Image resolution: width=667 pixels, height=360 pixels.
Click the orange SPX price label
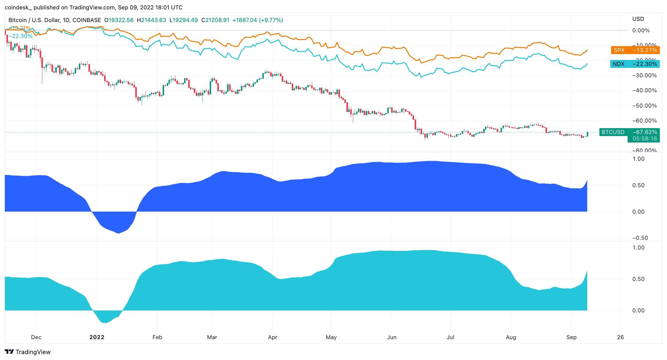click(x=635, y=50)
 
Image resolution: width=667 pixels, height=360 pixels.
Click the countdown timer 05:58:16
click(x=645, y=139)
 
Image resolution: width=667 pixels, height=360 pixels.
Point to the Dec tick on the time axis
click(x=36, y=337)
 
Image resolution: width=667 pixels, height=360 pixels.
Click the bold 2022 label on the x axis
click(x=97, y=337)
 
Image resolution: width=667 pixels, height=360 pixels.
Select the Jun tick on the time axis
click(x=392, y=337)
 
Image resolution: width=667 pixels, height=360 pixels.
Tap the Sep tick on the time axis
click(x=571, y=337)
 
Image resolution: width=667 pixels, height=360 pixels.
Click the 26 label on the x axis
click(x=620, y=337)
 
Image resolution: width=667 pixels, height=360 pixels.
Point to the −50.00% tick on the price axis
click(x=644, y=106)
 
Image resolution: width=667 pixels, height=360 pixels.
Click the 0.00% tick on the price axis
click(x=641, y=30)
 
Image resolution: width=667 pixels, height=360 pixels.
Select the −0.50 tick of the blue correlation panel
click(x=640, y=238)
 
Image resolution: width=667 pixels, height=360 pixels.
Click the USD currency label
click(x=638, y=19)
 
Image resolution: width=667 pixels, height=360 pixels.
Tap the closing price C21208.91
click(x=215, y=20)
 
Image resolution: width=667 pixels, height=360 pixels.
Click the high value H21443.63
click(x=151, y=20)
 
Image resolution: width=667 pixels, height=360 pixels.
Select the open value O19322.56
click(x=119, y=20)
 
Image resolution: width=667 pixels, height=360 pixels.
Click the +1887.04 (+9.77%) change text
click(x=258, y=20)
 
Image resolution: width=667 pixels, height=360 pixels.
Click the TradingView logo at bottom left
click(x=28, y=352)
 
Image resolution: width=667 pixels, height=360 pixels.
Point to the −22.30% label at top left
click(x=20, y=36)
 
